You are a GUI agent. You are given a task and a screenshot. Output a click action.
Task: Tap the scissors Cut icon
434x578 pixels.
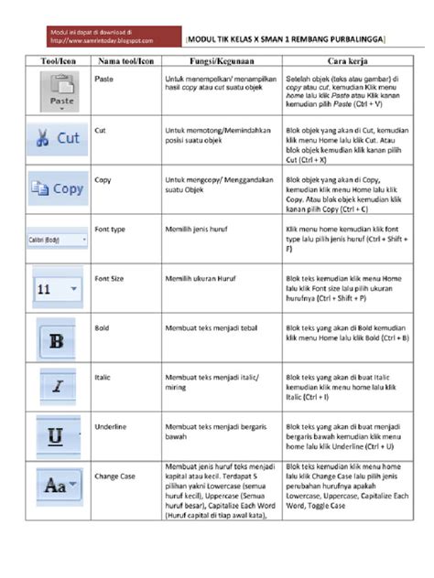click(x=59, y=139)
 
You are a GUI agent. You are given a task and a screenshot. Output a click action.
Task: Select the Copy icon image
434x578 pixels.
click(x=59, y=187)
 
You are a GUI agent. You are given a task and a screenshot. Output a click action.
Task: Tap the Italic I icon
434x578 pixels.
click(x=58, y=386)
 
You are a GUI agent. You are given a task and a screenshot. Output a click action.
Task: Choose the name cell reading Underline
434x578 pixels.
click(x=112, y=426)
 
